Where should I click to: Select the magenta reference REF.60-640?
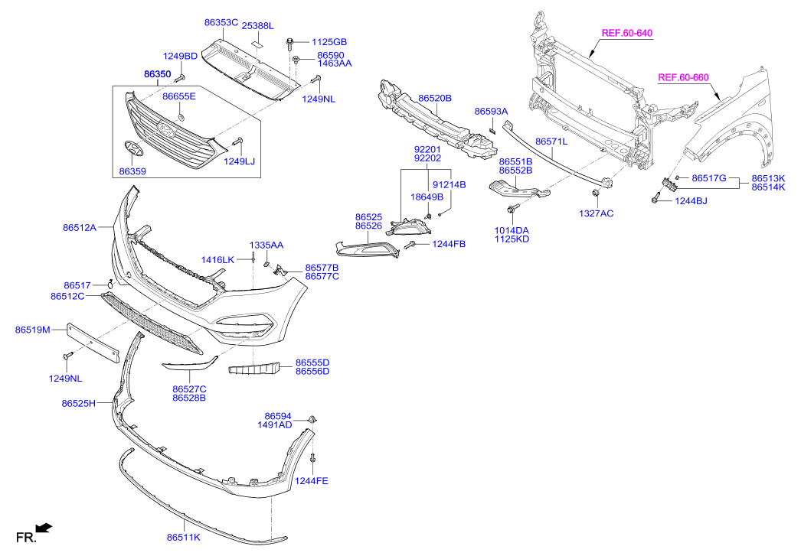coord(626,33)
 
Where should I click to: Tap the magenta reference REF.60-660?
coord(683,77)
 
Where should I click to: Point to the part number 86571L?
coord(551,141)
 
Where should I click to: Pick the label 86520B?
coord(434,98)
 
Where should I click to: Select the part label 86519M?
coord(32,330)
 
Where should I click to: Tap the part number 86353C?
coord(221,23)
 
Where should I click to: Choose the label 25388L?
coord(257,26)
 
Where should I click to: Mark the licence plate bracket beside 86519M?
coord(90,341)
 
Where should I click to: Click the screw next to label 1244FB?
coord(410,244)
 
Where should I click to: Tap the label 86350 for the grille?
coord(157,74)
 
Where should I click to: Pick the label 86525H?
coord(79,403)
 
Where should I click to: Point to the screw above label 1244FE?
coord(313,458)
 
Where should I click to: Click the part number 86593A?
coord(491,112)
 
